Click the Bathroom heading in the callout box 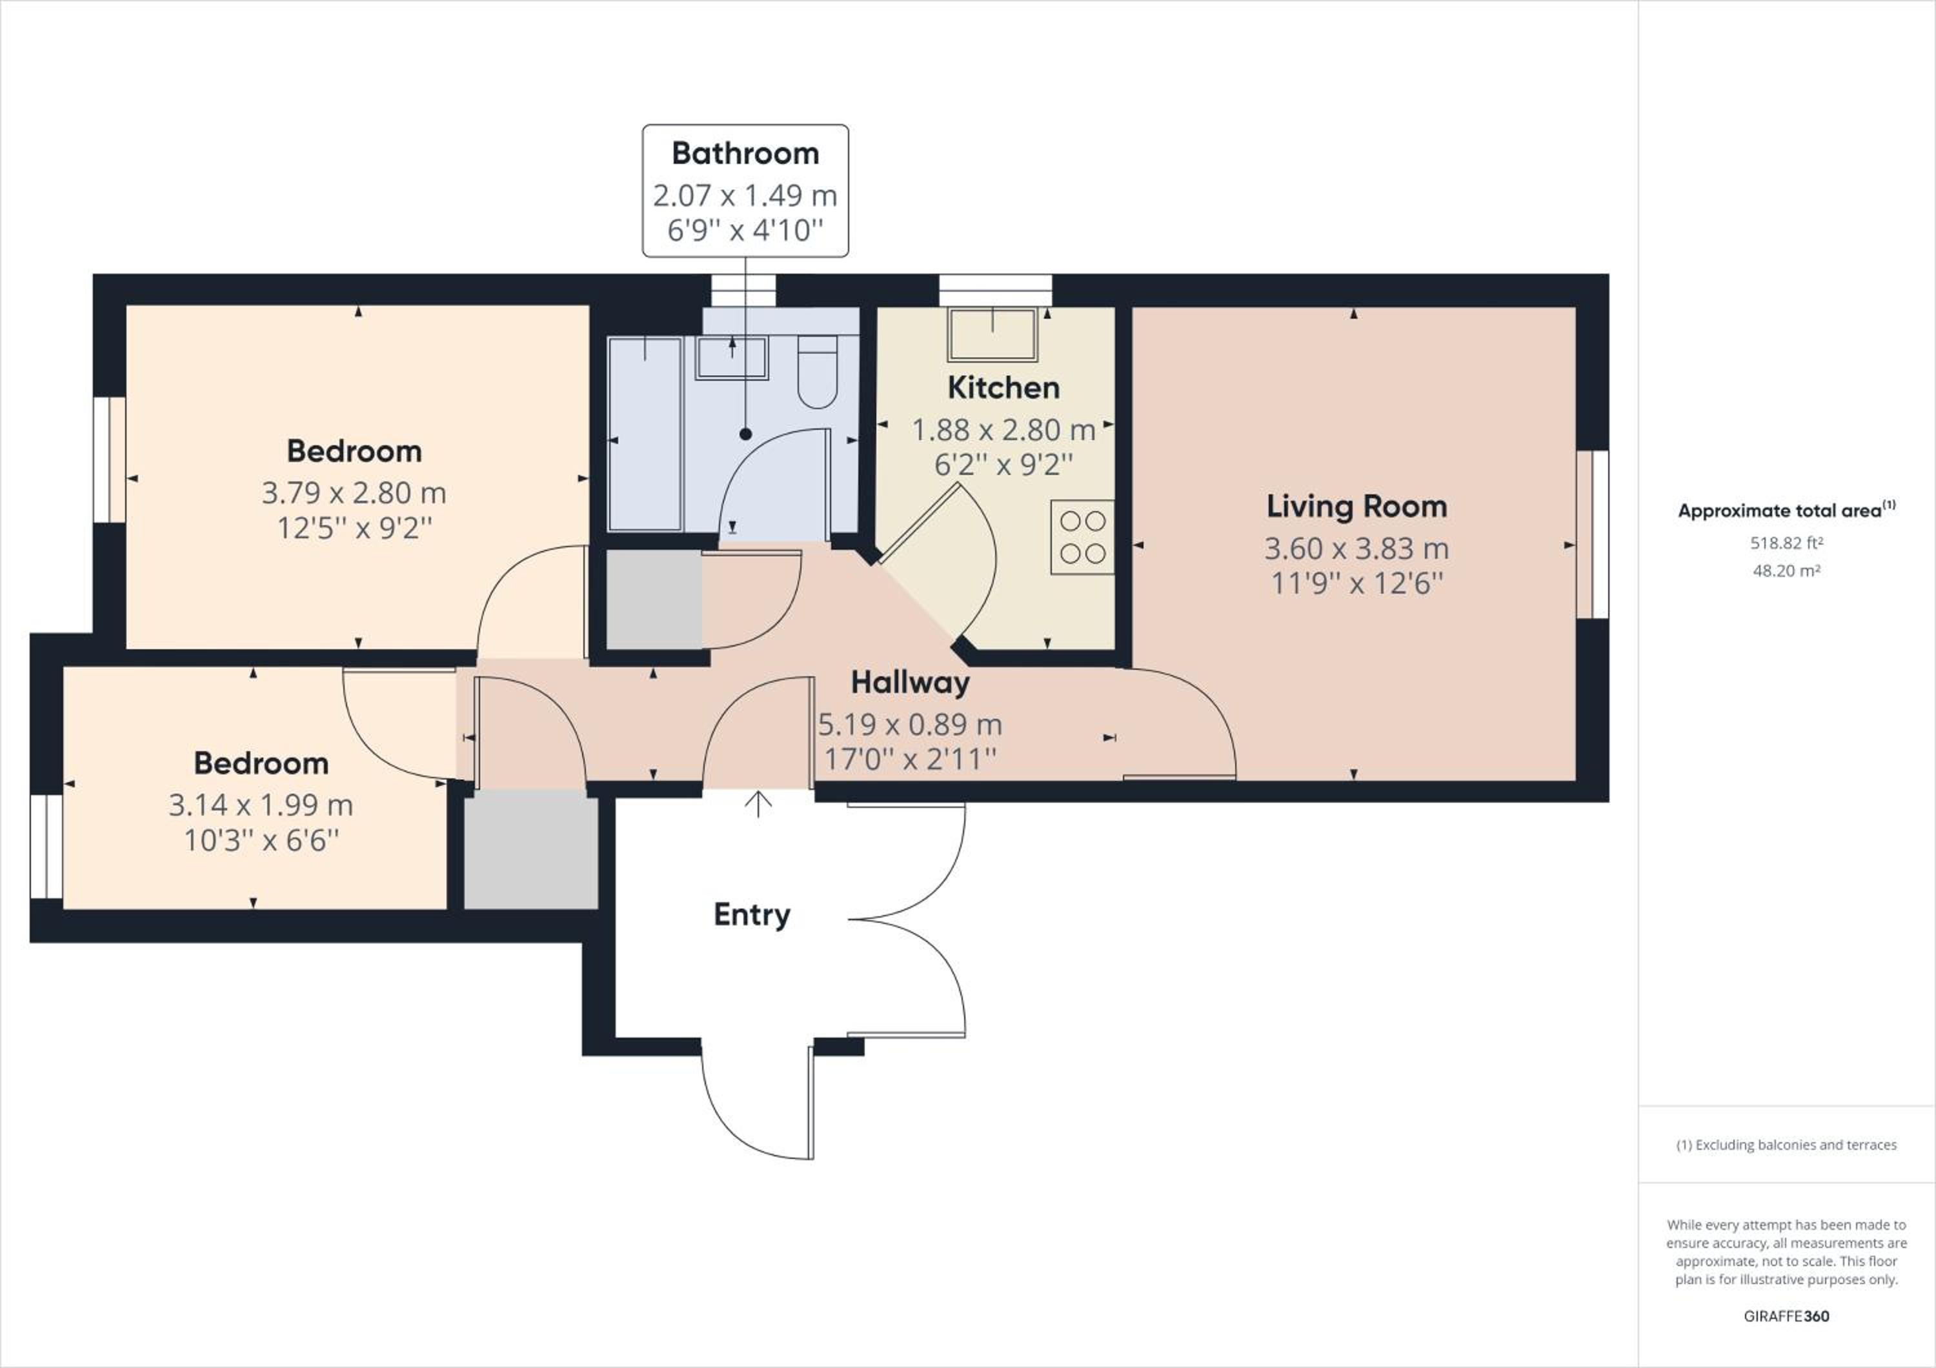coord(745,154)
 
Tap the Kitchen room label coord(1003,388)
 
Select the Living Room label coord(1356,507)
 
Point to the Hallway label coord(910,683)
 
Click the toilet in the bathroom coord(817,372)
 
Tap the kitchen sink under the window coord(993,335)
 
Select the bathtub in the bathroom coord(645,435)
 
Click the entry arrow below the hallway coord(759,804)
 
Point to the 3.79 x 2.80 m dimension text coord(354,493)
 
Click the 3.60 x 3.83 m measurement coord(1356,548)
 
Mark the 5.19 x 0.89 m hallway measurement coord(910,725)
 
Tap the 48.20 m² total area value coord(1786,570)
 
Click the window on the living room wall coord(1593,534)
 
